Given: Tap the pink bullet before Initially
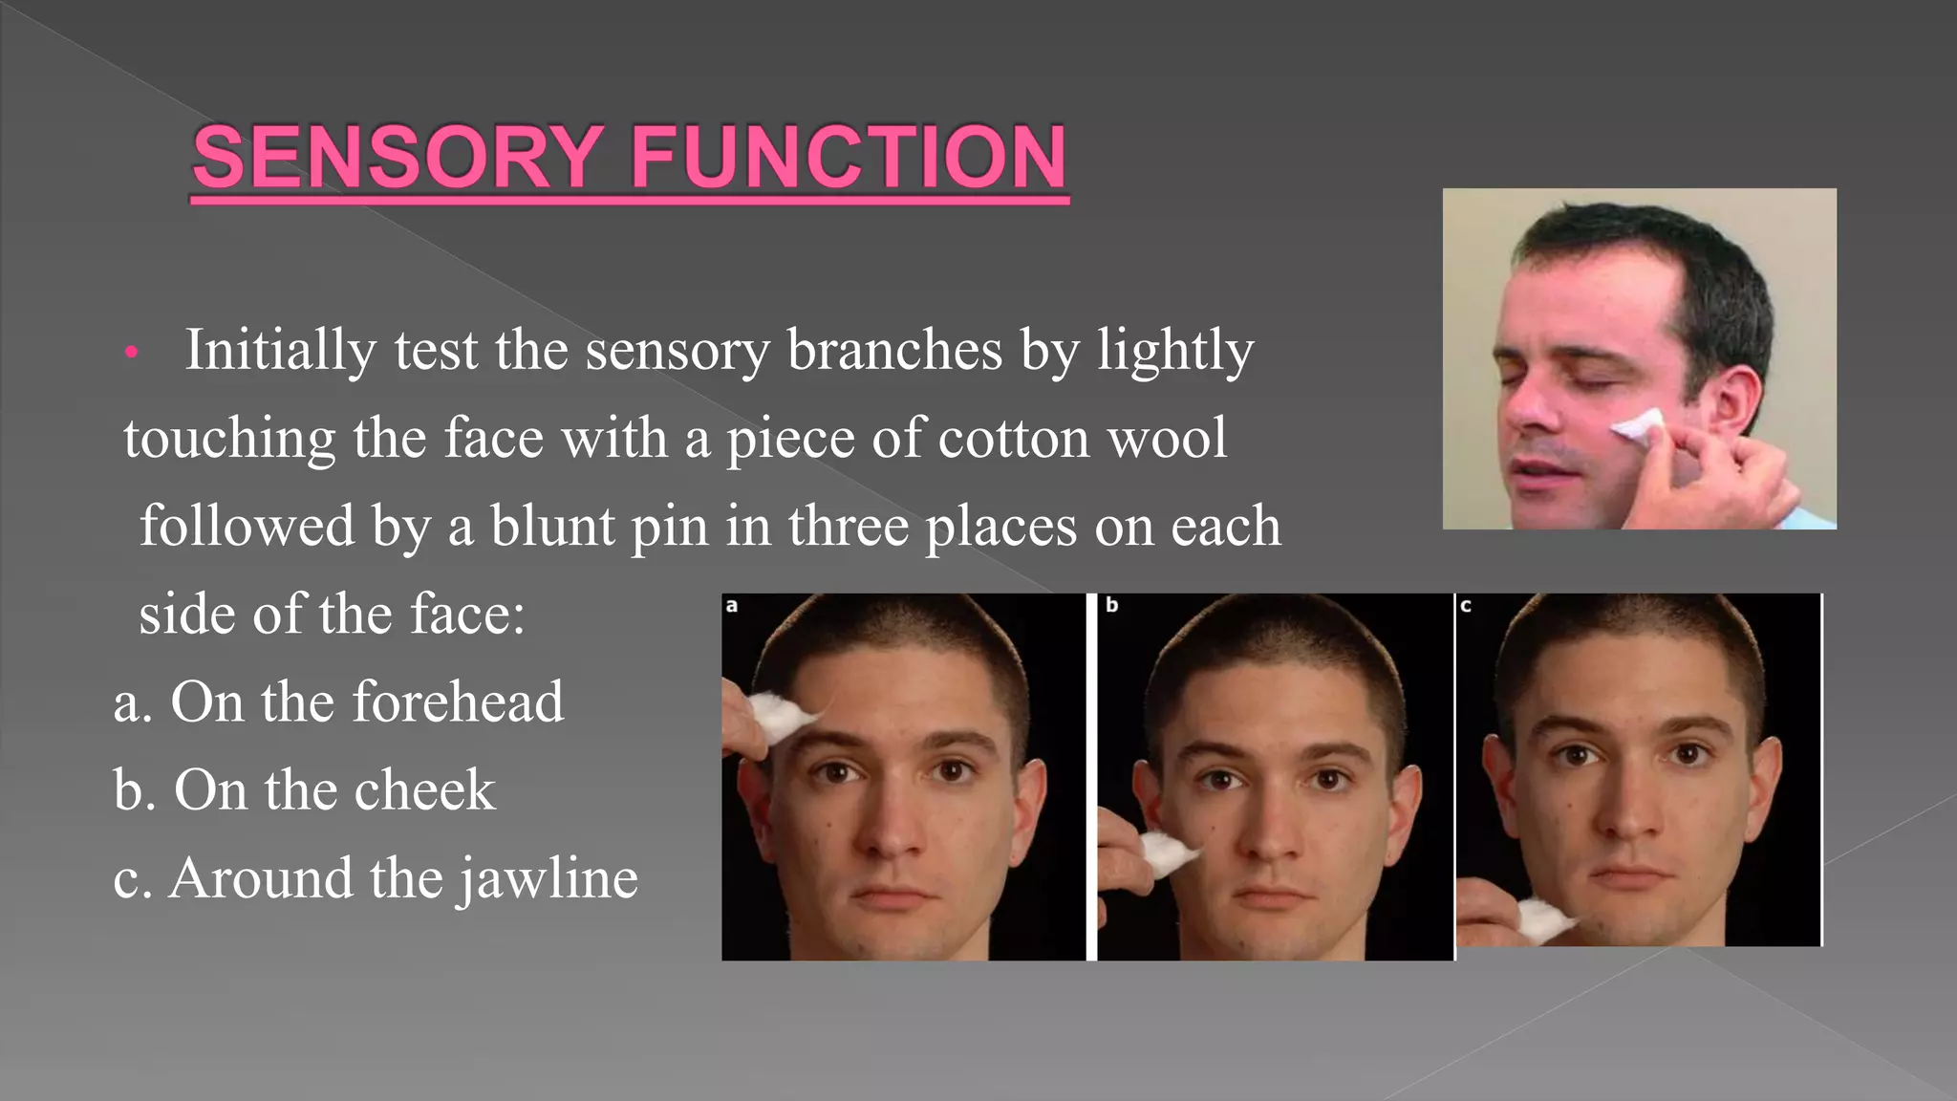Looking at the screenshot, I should click(x=132, y=354).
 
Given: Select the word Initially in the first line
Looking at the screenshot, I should click(x=280, y=351).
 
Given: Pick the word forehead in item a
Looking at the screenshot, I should click(x=458, y=702).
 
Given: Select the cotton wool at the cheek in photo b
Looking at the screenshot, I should click(x=1168, y=852).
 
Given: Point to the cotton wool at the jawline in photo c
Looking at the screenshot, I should click(x=1540, y=918).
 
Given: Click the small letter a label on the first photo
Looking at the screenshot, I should click(x=731, y=605).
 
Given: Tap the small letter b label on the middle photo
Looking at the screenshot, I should click(x=1111, y=605).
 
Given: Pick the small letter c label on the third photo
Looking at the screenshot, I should click(x=1466, y=605).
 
